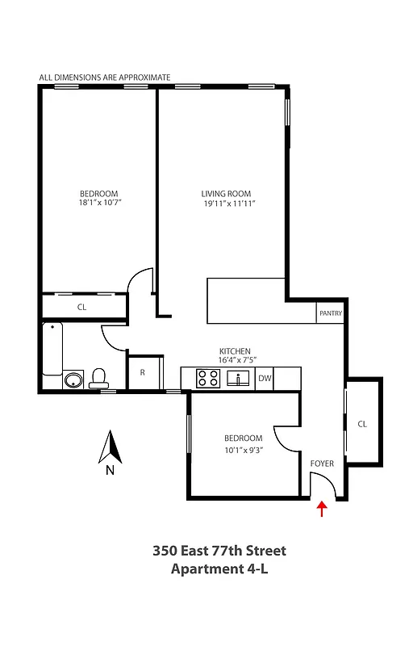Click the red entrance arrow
[323, 508]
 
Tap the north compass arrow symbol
[109, 448]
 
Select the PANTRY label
[331, 313]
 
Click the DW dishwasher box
[265, 378]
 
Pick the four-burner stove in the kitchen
[206, 377]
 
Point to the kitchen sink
[238, 377]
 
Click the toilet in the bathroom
[99, 377]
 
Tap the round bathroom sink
[73, 380]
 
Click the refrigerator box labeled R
[143, 372]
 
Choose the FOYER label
[322, 464]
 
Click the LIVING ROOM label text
[226, 194]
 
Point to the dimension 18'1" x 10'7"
[98, 203]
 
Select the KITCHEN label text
[234, 351]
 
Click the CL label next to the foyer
[362, 423]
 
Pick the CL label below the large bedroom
[81, 308]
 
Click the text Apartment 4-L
[219, 569]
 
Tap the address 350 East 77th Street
[219, 552]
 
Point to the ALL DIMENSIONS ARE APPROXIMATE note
[105, 78]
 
